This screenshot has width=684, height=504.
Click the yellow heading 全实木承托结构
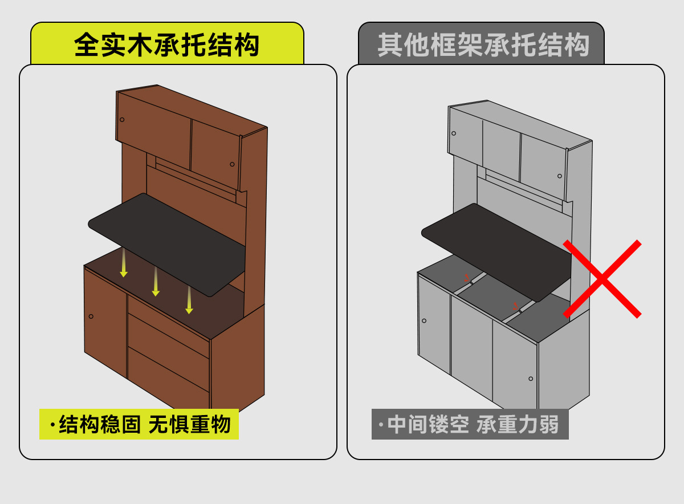(x=166, y=45)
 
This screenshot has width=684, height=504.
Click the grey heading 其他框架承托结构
(x=482, y=45)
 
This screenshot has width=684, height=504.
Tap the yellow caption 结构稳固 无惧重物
(x=139, y=425)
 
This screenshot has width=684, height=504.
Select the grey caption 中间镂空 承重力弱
(x=470, y=425)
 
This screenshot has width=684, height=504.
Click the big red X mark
(x=602, y=279)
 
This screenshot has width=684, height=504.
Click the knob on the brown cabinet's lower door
(x=91, y=316)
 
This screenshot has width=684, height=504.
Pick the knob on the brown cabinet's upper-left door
(x=122, y=120)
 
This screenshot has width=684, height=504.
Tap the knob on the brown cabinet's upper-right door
(x=232, y=164)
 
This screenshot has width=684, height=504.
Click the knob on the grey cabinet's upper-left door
(x=454, y=133)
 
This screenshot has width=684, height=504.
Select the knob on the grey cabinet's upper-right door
(x=560, y=176)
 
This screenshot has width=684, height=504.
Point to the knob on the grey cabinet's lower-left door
(x=424, y=320)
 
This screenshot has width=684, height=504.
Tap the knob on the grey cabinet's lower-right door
(x=531, y=379)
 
